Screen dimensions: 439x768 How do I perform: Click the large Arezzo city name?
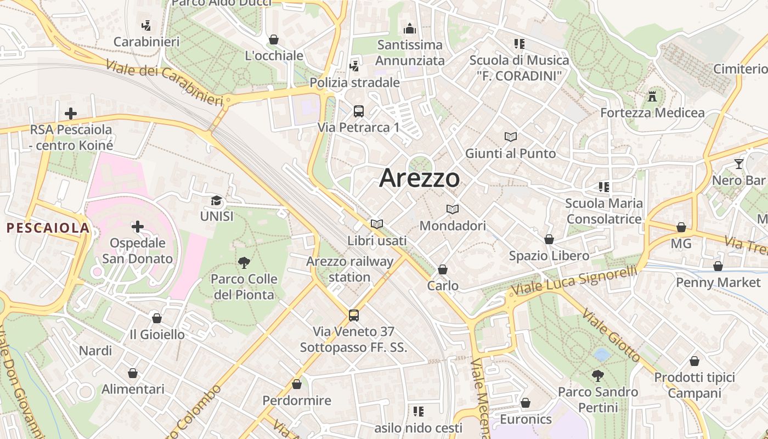(x=420, y=178)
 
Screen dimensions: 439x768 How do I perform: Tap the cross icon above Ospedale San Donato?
(x=137, y=226)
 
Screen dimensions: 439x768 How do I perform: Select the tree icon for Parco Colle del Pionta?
(x=244, y=263)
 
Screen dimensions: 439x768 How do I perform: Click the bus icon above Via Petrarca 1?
(x=359, y=111)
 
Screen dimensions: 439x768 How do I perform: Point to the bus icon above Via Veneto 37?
(x=354, y=316)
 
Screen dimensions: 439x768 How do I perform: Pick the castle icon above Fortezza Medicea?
(x=652, y=97)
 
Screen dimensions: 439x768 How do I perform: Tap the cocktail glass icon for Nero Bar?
(x=739, y=164)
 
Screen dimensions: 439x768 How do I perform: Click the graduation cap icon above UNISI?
(x=217, y=201)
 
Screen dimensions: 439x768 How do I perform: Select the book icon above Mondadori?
(x=453, y=209)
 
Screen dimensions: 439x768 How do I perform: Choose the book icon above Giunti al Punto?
(x=511, y=137)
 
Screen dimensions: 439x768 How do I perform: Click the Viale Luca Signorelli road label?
(x=574, y=280)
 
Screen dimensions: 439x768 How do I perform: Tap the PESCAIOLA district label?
(x=48, y=228)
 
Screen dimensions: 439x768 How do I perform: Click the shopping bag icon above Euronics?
(x=526, y=403)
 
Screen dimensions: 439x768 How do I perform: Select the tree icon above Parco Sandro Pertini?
(x=598, y=376)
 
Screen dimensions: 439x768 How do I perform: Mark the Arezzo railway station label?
(x=350, y=269)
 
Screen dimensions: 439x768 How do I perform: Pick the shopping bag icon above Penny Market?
(x=718, y=266)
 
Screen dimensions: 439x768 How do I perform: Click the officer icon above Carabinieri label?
(x=146, y=25)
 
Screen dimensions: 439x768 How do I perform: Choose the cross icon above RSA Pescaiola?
(x=71, y=114)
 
